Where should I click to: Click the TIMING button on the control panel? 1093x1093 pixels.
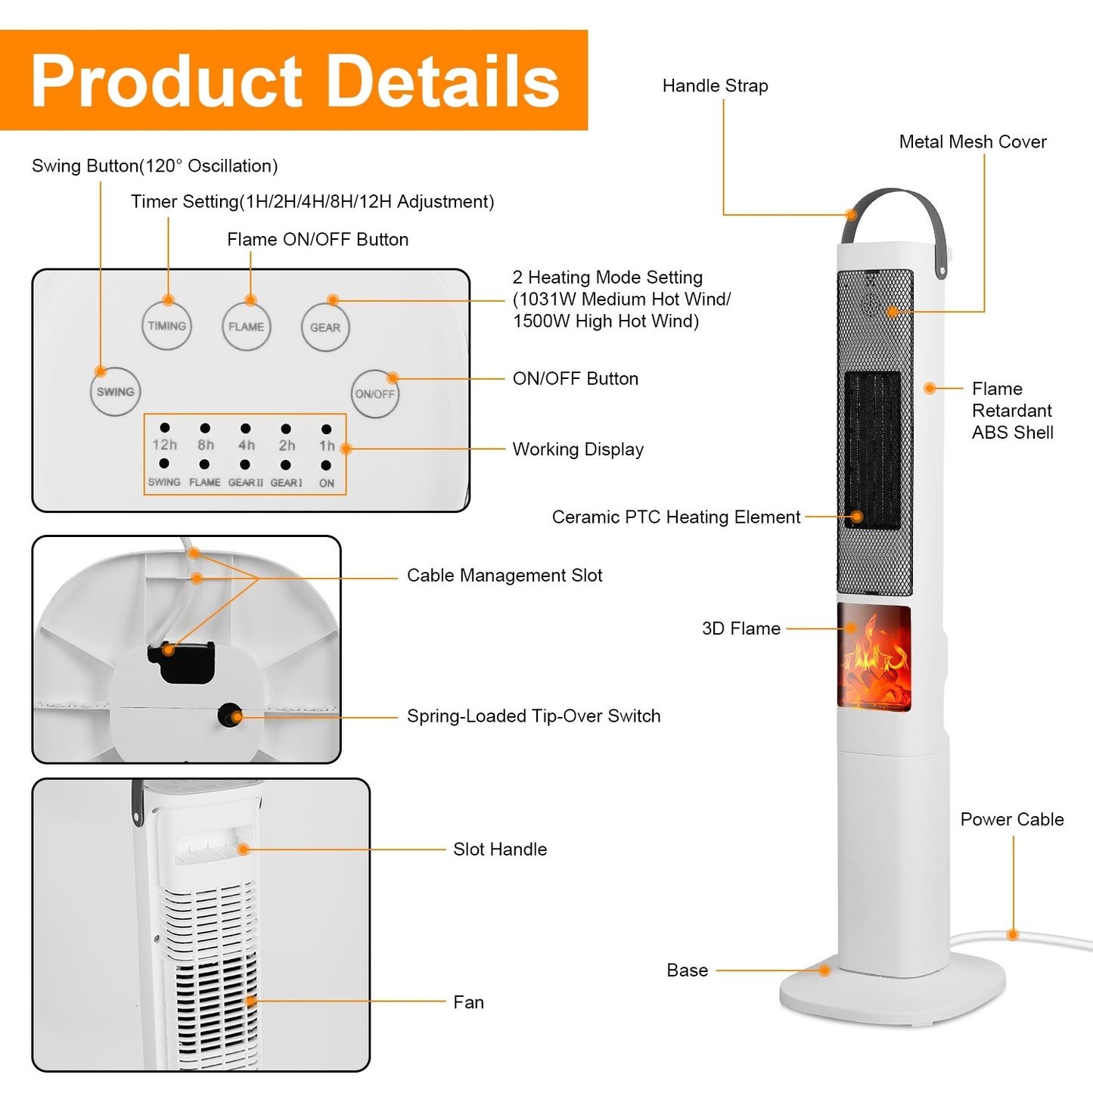[167, 326]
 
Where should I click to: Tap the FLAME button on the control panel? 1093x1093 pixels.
[246, 327]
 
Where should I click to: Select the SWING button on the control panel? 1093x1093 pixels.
[115, 392]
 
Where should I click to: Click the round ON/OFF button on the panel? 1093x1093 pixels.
[375, 394]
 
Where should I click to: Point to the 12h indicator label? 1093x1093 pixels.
[164, 446]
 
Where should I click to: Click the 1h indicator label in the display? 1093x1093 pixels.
[326, 446]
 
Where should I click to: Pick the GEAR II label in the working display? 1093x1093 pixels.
[246, 483]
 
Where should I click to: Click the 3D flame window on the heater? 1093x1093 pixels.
[874, 657]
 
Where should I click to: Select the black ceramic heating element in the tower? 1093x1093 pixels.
[872, 450]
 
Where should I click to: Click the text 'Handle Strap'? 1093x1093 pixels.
[715, 86]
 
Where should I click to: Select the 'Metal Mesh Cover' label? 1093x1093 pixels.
[972, 142]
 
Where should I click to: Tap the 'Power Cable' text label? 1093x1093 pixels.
[1011, 819]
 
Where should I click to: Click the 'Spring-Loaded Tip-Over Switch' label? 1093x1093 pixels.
[533, 716]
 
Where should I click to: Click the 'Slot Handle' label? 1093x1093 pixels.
[499, 849]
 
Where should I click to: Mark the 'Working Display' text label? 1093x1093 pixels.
[578, 449]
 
